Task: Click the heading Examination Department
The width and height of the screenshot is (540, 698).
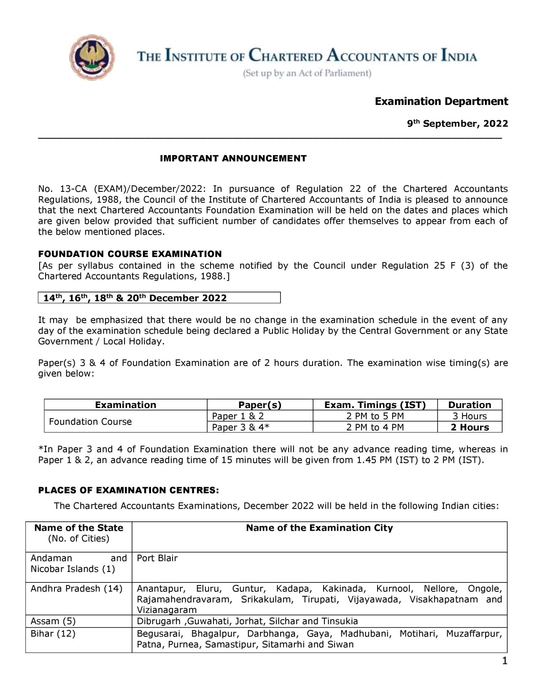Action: coord(441,102)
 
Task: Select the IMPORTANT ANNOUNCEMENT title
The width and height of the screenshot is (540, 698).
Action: coord(233,158)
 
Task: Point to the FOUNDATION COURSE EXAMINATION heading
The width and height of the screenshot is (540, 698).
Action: coord(130,254)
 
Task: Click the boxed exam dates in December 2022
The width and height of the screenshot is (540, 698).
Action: coord(135,298)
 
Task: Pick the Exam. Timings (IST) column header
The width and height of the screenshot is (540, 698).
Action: coord(375,405)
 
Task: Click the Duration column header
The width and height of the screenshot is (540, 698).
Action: coord(470,405)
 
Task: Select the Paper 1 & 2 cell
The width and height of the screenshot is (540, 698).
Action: coord(238,416)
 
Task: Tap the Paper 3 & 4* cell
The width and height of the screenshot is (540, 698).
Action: coord(240,427)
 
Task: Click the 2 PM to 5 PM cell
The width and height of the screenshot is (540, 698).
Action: coord(375,416)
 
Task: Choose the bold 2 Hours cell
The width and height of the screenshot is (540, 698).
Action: coord(470,427)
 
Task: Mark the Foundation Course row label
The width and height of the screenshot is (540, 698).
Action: coord(90,421)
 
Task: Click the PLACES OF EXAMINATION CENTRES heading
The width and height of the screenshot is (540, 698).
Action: coord(129,490)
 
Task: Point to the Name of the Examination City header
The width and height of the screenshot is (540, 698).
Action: coord(319,528)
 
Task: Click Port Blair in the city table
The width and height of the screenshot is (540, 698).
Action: coord(157,558)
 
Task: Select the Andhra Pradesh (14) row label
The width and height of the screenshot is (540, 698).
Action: coord(76,588)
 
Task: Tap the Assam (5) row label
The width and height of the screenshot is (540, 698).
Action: coord(53,621)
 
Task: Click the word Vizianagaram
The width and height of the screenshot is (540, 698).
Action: coord(167,610)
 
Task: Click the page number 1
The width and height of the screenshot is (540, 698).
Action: coord(505,660)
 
